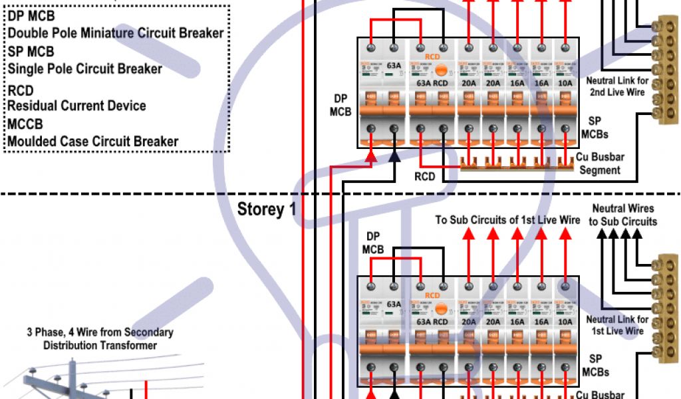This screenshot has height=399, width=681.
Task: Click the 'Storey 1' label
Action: tap(266, 209)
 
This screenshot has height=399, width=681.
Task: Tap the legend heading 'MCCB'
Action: tap(25, 124)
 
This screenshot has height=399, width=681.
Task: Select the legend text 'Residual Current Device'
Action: tap(76, 106)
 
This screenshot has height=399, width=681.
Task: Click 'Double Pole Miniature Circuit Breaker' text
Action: tap(115, 33)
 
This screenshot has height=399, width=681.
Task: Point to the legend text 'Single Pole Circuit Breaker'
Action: tap(84, 68)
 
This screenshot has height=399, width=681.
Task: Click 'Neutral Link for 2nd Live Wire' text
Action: tap(617, 86)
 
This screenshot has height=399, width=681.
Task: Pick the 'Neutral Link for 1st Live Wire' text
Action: tap(617, 325)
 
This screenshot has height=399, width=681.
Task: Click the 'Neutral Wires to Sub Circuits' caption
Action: tap(622, 215)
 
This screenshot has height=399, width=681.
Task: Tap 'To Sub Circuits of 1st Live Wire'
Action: tap(508, 220)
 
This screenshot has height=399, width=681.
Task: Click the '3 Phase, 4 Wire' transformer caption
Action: tap(100, 338)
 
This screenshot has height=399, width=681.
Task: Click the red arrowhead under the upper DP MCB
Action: tap(371, 157)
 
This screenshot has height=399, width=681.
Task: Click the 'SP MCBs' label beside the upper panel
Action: tap(595, 128)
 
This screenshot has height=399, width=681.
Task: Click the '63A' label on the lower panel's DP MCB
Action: tap(394, 305)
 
